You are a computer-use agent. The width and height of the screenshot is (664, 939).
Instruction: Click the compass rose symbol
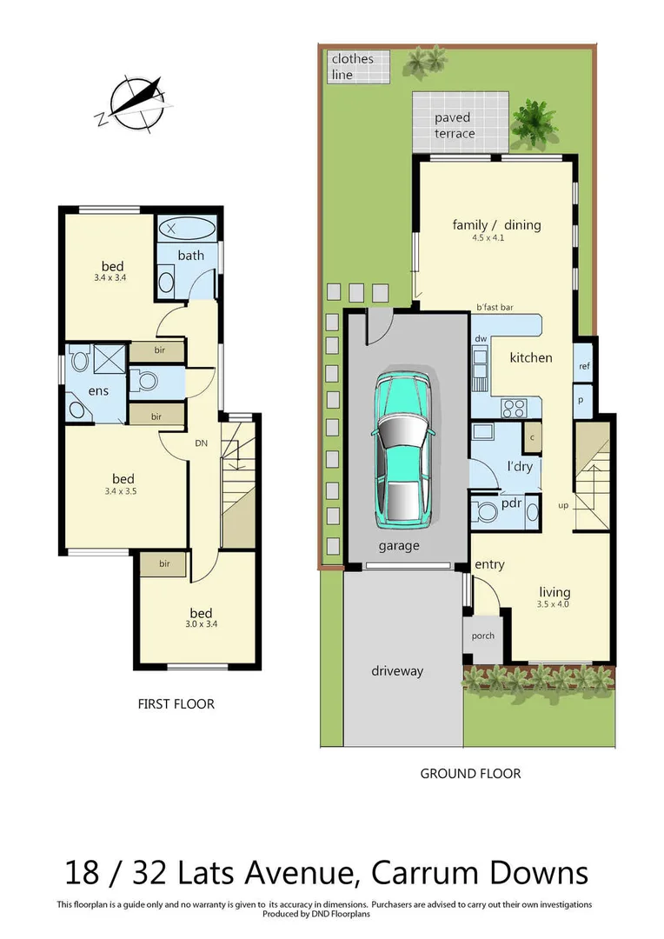coord(133,103)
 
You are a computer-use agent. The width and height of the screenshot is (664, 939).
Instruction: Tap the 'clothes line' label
coord(352,67)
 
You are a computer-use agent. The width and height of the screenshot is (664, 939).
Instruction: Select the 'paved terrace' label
coord(455,125)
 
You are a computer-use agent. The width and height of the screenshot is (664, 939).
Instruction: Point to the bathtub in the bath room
coord(188,230)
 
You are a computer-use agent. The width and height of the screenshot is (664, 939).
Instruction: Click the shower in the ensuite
coord(107,357)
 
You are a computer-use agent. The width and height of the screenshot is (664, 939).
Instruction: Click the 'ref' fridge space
coord(584,366)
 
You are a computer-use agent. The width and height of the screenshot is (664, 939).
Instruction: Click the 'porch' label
coord(482,636)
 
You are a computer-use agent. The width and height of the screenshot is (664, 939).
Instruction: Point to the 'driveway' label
coord(396,671)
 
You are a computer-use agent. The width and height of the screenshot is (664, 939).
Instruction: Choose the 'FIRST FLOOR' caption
coord(176,704)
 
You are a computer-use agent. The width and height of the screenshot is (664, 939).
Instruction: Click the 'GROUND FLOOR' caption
coord(470,773)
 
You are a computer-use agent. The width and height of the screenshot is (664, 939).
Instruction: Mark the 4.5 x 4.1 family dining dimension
coord(496,237)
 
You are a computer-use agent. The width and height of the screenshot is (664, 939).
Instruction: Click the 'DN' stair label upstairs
coord(202,443)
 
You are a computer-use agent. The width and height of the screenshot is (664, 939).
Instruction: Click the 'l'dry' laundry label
coord(520,466)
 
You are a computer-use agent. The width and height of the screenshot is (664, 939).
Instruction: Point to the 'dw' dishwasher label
coord(480,338)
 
